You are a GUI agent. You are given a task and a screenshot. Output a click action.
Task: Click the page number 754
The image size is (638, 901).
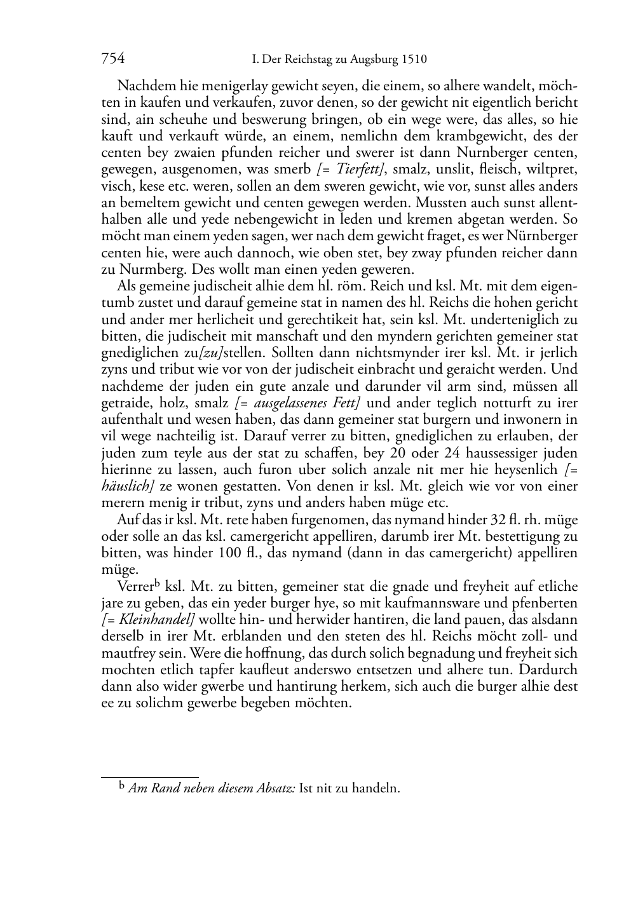[x=112, y=59]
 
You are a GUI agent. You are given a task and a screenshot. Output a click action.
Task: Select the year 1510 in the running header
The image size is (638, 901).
[x=414, y=60]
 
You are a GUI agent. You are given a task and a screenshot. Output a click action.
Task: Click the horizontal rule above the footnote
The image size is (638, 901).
[x=150, y=776]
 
